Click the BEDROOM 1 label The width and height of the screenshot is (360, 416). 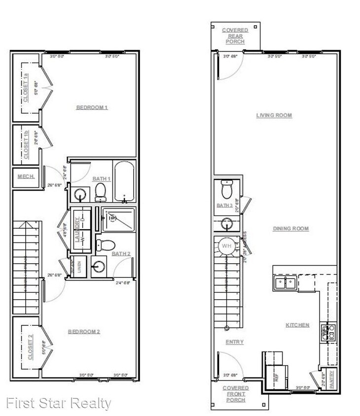click(92, 107)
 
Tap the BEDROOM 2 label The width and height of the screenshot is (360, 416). click(84, 332)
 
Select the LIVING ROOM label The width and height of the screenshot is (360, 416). click(274, 115)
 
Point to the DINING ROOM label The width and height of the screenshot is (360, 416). click(291, 229)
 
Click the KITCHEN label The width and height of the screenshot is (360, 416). click(297, 325)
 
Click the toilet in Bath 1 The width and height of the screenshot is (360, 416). click(101, 192)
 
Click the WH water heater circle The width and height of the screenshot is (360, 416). click(227, 245)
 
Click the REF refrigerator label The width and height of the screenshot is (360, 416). click(276, 379)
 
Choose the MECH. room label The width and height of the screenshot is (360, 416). click(25, 176)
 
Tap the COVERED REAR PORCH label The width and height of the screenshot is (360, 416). click(235, 36)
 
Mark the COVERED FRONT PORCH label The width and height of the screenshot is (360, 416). click(235, 394)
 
